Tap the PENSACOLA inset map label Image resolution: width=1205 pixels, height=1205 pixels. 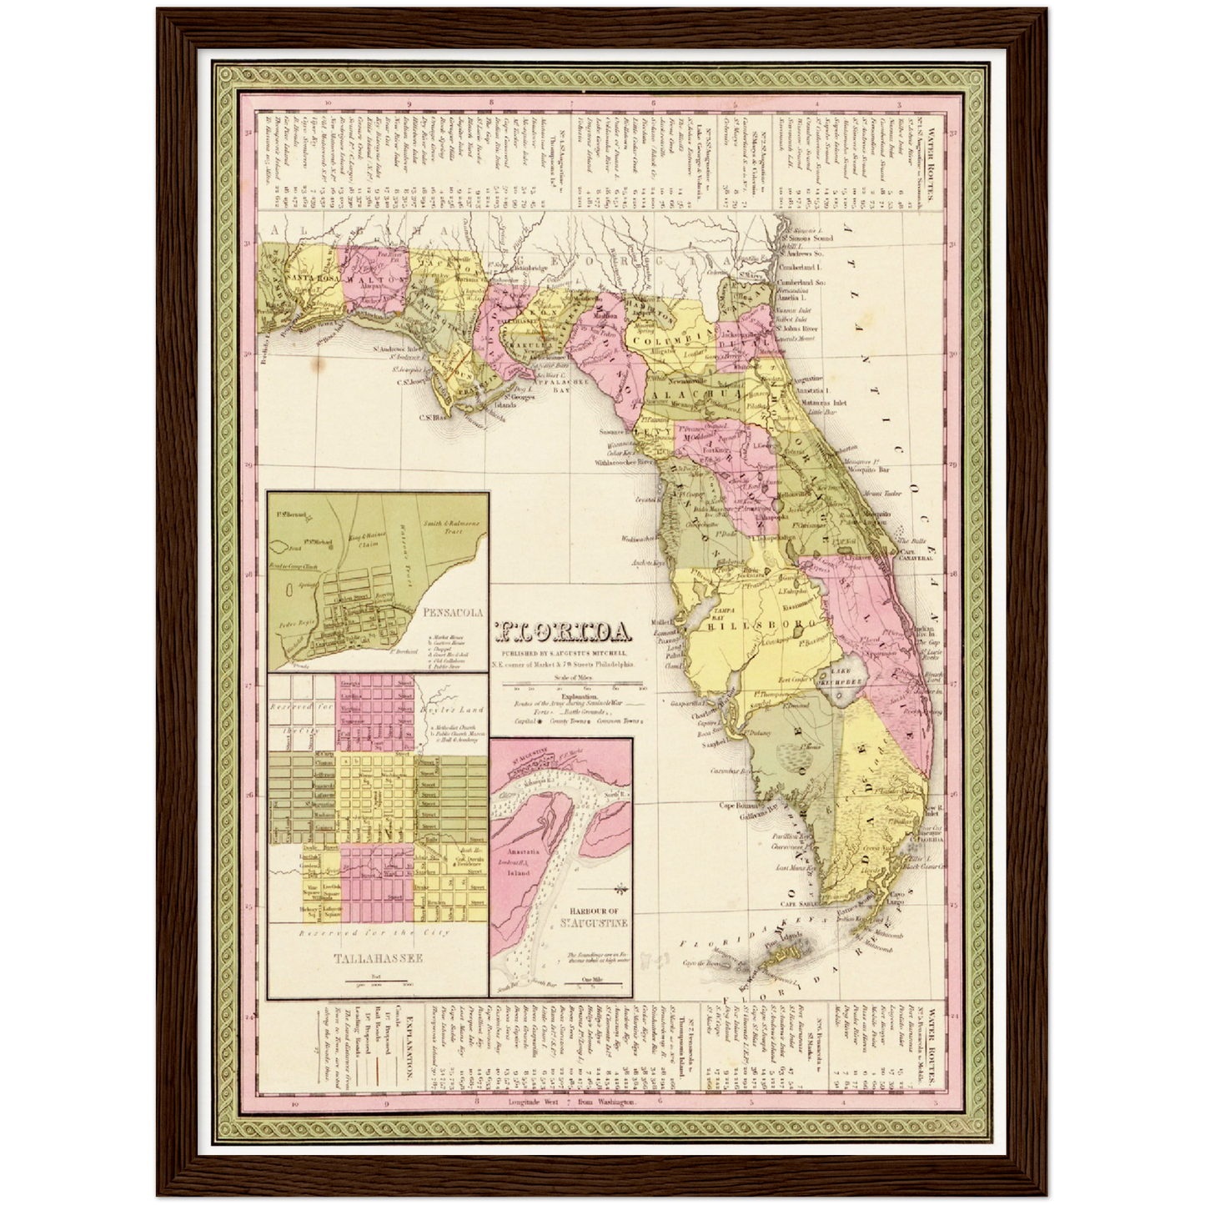(454, 612)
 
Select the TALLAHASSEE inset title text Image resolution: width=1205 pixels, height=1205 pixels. (378, 958)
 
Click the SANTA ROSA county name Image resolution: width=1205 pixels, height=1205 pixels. (310, 276)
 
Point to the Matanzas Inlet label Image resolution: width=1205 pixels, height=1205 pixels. (823, 402)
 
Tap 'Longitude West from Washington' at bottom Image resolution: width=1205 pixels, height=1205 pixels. (572, 1102)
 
